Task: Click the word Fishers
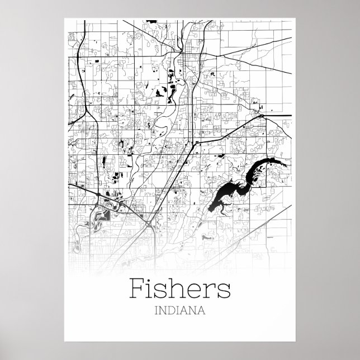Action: [x=180, y=289]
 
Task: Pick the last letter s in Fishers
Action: [x=224, y=291]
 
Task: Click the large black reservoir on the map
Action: [x=224, y=190]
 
